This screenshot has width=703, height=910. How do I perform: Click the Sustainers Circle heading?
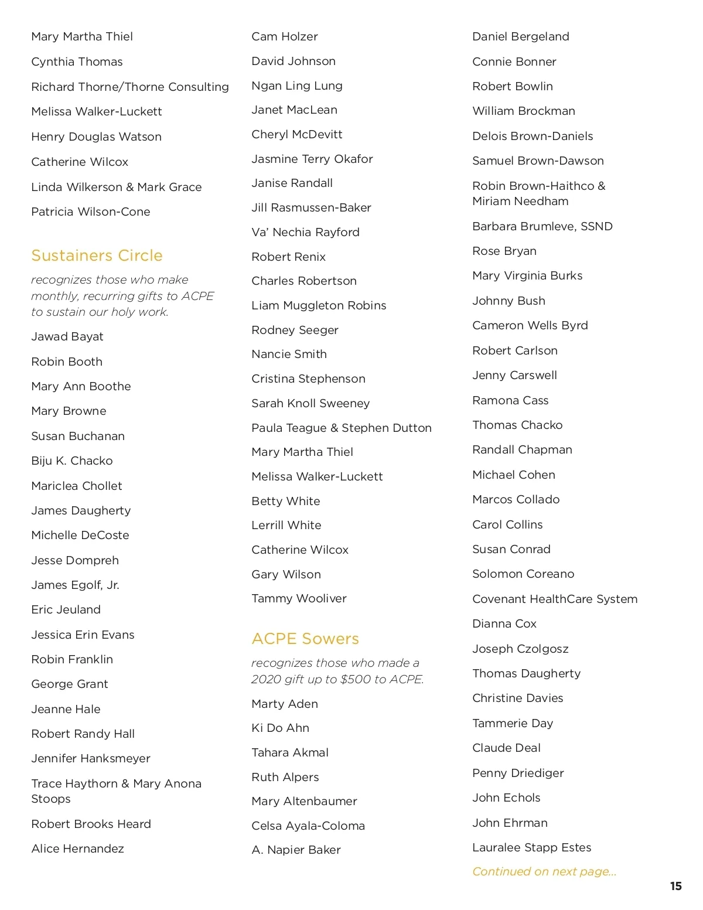pyautogui.click(x=97, y=255)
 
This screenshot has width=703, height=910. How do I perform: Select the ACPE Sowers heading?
pyautogui.click(x=305, y=639)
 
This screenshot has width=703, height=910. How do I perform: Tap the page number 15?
pyautogui.click(x=675, y=886)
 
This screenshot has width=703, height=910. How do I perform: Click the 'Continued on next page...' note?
pyautogui.click(x=544, y=871)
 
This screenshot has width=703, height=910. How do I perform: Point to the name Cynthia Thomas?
pyautogui.click(x=77, y=62)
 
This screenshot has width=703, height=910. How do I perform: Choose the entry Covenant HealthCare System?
pyautogui.click(x=555, y=599)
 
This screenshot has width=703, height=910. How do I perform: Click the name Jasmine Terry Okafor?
pyautogui.click(x=312, y=159)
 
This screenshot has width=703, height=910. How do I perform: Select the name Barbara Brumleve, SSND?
pyautogui.click(x=542, y=226)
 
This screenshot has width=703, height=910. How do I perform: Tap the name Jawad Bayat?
pyautogui.click(x=67, y=336)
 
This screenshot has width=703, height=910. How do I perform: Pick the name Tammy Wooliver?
pyautogui.click(x=299, y=598)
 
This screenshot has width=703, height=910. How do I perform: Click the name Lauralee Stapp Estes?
pyautogui.click(x=532, y=847)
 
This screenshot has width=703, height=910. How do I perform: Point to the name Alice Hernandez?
pyautogui.click(x=77, y=848)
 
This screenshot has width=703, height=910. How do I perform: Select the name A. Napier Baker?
pyautogui.click(x=296, y=850)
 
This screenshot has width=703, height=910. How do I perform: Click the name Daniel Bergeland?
pyautogui.click(x=521, y=36)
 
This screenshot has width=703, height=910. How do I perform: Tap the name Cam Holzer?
pyautogui.click(x=285, y=36)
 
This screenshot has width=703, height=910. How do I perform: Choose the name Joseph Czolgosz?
pyautogui.click(x=520, y=649)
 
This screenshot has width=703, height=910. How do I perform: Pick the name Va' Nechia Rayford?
pyautogui.click(x=305, y=232)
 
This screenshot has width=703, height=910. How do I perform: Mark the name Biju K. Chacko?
pyautogui.click(x=72, y=461)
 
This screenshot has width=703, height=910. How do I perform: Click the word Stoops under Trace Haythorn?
pyautogui.click(x=51, y=799)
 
